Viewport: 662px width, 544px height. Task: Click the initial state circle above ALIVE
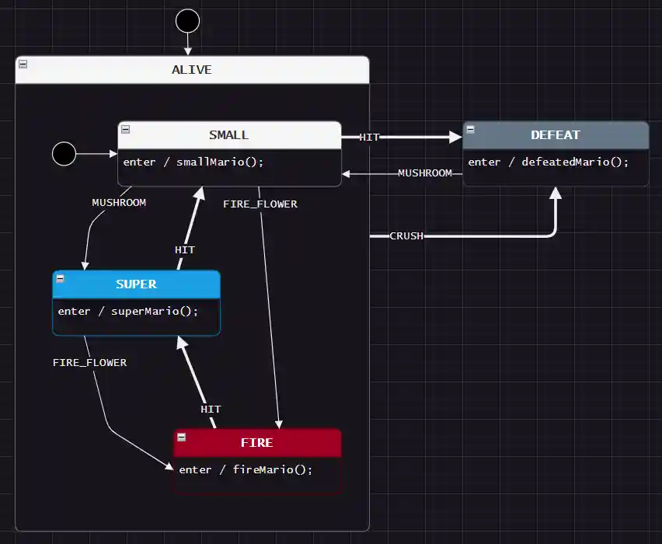[x=187, y=21]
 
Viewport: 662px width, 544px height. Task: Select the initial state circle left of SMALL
[x=64, y=154]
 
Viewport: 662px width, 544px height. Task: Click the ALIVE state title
[x=191, y=70]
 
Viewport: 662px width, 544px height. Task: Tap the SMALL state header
[x=229, y=135]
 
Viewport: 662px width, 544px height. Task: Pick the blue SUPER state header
[x=136, y=284]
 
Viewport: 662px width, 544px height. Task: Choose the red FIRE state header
[x=256, y=443]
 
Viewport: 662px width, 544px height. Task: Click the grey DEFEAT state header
[x=555, y=135]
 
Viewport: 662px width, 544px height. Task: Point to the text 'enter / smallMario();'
[x=193, y=162]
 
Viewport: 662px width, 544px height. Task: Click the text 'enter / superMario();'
[x=128, y=312]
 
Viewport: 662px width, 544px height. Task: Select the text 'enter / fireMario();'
[x=246, y=470]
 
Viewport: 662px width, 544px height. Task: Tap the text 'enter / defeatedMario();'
[x=548, y=162]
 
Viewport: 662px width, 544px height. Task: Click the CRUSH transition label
[x=406, y=235]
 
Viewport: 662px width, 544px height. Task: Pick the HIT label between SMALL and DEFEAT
[x=369, y=138]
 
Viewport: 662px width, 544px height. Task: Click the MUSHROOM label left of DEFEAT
[x=424, y=173]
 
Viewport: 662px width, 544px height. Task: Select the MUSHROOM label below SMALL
[x=119, y=203]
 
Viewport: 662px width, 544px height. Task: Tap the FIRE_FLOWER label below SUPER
[x=89, y=363]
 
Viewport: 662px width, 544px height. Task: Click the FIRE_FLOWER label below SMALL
[x=260, y=204]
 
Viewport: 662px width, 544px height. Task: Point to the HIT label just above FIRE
[x=211, y=410]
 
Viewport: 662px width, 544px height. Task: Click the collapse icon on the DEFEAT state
[x=470, y=129]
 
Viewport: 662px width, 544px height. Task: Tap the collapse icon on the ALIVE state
[x=23, y=64]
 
